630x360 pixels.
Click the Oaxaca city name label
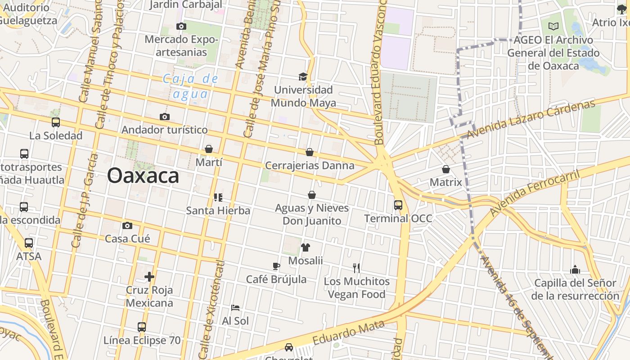143,175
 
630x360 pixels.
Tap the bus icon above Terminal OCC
398,205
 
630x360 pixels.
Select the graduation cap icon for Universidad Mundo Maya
303,76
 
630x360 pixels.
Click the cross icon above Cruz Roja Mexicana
149,276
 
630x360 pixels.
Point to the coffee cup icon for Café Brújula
276,266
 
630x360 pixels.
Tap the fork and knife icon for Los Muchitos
356,268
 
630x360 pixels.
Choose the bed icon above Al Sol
235,308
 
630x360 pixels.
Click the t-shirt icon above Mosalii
306,247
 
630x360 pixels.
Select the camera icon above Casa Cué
127,225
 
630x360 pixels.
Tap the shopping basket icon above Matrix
446,169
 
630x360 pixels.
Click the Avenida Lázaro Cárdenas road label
531,119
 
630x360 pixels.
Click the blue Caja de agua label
191,86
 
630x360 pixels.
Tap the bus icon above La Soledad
56,122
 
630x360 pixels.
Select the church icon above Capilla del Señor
575,270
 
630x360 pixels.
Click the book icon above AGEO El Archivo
553,27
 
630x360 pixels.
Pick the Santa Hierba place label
218,211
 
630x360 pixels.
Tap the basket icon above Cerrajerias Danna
310,152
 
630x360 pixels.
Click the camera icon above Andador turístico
165,117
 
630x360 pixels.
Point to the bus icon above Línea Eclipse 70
142,327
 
